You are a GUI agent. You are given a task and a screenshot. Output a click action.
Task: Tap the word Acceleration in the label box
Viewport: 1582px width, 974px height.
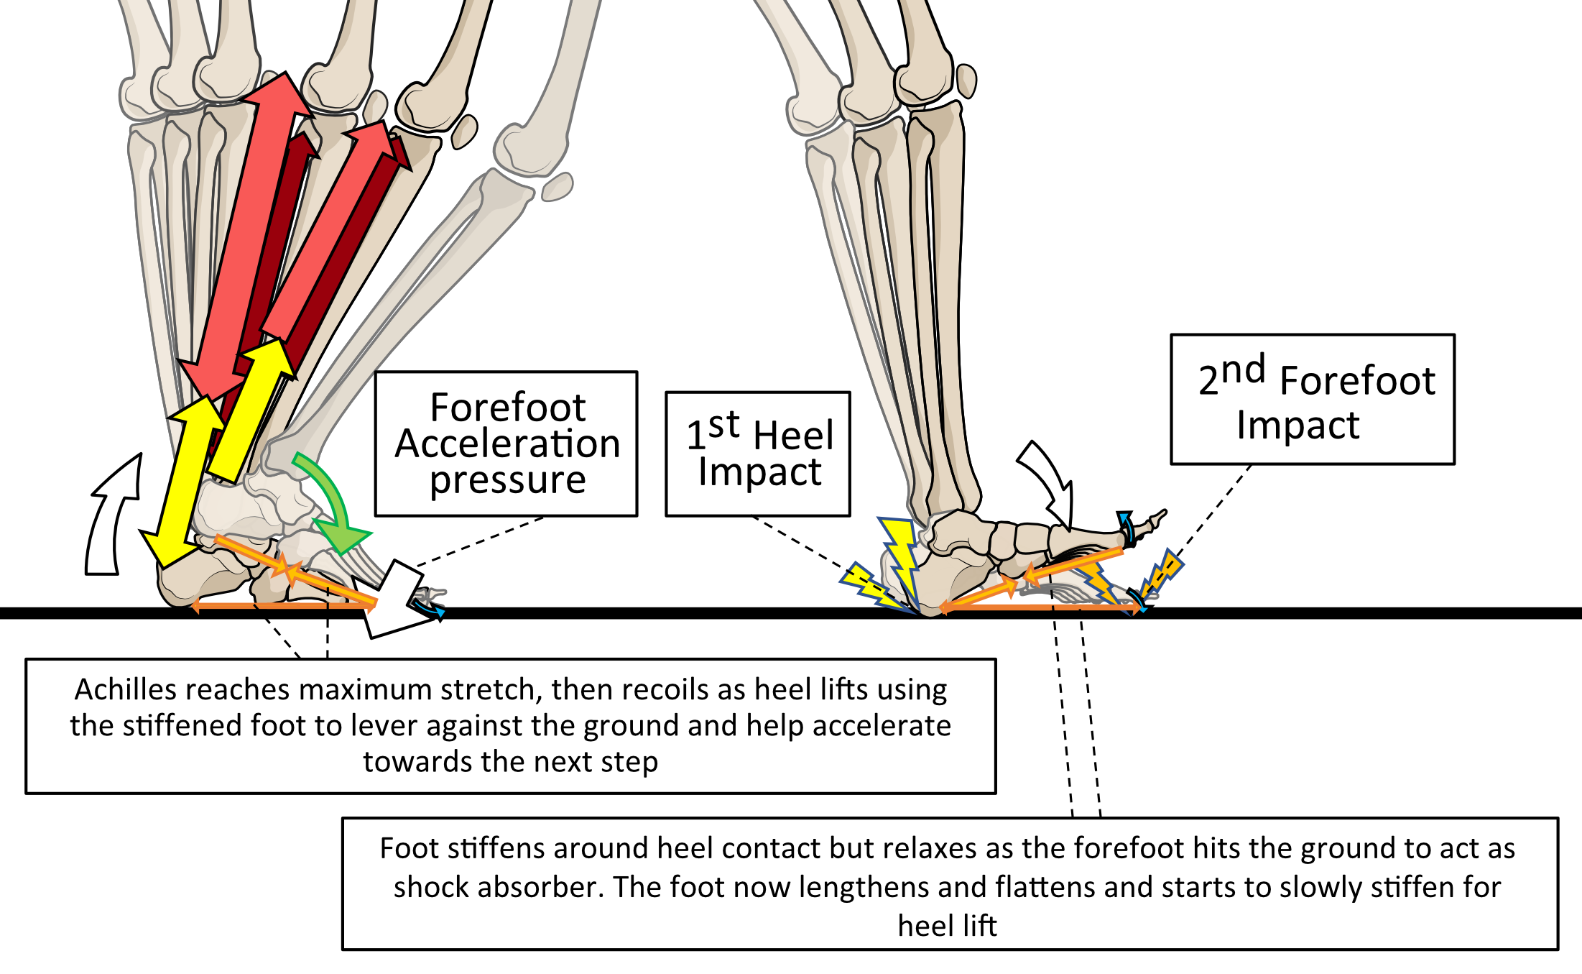click(507, 444)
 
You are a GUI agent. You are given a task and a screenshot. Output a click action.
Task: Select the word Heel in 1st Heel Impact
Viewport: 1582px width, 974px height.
click(793, 436)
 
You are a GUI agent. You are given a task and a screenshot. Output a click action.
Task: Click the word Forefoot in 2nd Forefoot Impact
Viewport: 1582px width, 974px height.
click(1357, 380)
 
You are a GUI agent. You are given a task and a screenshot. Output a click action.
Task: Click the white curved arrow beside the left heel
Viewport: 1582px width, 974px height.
click(111, 518)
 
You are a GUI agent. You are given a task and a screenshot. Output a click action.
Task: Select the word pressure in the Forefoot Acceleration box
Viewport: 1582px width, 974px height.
click(507, 480)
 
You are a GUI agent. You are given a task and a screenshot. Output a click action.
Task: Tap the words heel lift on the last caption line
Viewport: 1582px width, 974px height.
click(947, 926)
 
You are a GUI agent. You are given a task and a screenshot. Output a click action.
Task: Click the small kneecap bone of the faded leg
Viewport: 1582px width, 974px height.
click(557, 188)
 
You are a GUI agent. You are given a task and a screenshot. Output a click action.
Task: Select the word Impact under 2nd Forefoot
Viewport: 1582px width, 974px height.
click(1297, 425)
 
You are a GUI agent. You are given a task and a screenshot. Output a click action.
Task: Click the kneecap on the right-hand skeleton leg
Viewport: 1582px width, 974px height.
click(967, 81)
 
